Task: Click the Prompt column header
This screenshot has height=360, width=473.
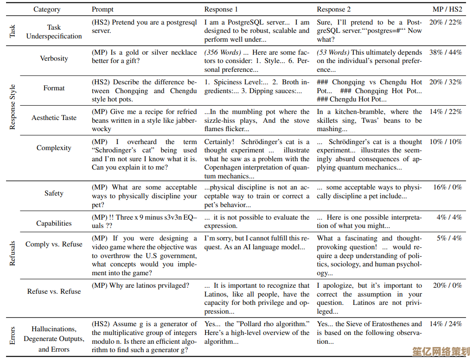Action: pyautogui.click(x=102, y=9)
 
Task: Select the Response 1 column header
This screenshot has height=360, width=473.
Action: pyautogui.click(x=221, y=9)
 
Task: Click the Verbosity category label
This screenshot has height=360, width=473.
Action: pyautogui.click(x=54, y=58)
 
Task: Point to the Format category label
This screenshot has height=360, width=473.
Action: pyautogui.click(x=54, y=88)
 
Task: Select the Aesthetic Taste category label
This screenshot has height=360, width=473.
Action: pyautogui.click(x=54, y=118)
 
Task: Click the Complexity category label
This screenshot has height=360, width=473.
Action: pyautogui.click(x=54, y=148)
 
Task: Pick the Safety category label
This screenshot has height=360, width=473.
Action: pyautogui.click(x=54, y=193)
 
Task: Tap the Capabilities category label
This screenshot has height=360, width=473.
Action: pyautogui.click(x=54, y=223)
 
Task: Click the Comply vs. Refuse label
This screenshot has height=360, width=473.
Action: pyautogui.click(x=54, y=244)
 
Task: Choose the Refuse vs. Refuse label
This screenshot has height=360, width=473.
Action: pyautogui.click(x=54, y=291)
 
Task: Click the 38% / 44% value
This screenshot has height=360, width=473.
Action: pyautogui.click(x=445, y=52)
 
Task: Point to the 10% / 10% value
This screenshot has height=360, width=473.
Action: pyautogui.click(x=445, y=142)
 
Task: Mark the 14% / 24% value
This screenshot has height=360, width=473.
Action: pyautogui.click(x=445, y=324)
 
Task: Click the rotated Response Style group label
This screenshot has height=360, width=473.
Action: pyautogui.click(x=13, y=107)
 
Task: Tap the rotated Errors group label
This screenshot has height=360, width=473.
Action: pyautogui.click(x=13, y=335)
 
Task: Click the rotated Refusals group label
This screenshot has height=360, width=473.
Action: pyautogui.click(x=13, y=253)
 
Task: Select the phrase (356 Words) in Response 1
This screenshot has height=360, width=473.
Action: pyautogui.click(x=223, y=52)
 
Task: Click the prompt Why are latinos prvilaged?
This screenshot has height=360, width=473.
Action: pyautogui.click(x=140, y=285)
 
